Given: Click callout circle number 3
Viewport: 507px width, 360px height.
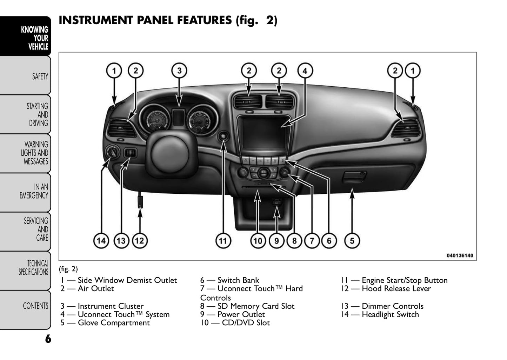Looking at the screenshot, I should pos(179,71).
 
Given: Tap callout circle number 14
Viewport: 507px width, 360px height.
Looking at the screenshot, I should pos(101,241).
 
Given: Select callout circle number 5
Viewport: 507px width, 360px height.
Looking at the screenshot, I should pos(352,241).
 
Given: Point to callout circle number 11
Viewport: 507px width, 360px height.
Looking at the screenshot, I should pos(223,241).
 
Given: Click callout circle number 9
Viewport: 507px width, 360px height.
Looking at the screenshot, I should pos(276,241).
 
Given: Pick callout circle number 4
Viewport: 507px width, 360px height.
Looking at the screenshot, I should pos(305,71).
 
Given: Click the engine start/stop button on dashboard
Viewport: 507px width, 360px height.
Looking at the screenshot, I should pos(223,136).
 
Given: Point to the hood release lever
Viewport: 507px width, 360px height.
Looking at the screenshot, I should pos(140,201).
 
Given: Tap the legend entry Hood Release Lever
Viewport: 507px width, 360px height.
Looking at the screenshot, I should pos(396,289).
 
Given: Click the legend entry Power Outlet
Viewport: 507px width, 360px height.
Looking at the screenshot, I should pos(241,314).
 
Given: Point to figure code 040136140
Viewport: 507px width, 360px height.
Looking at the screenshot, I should pos(460,255).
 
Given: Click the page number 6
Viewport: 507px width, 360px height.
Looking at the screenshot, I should pos(48,339).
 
